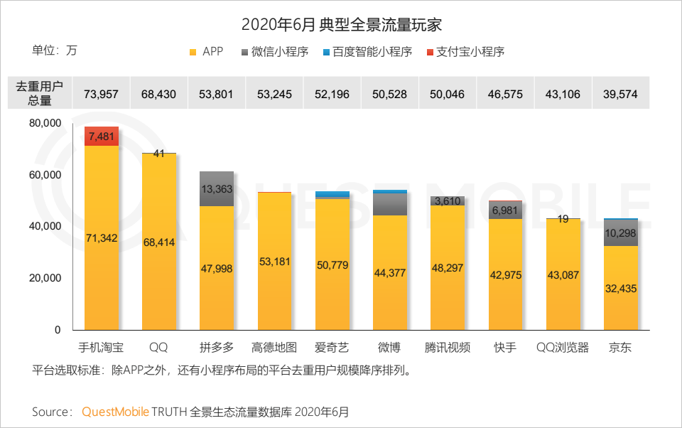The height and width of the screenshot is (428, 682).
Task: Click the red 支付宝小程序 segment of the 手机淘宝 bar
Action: pos(102,136)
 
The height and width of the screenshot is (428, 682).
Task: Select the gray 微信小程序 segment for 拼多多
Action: pos(217,189)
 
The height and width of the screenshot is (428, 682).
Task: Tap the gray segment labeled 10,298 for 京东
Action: pos(620,233)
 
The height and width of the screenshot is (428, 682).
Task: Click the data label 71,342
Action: pos(102,237)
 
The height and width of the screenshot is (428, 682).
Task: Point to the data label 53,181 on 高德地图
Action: pos(274,262)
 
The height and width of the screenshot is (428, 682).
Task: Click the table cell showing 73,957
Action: pos(102,94)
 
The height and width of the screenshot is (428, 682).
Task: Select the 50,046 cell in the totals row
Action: pos(447,94)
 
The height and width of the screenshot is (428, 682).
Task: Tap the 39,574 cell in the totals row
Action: pos(620,94)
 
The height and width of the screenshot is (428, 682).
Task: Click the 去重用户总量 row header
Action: pos(40,94)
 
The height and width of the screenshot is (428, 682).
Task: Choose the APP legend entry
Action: pos(207,51)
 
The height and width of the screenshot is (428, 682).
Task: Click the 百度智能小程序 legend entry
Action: pos(367,51)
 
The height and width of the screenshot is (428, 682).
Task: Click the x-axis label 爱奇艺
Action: pos(332,348)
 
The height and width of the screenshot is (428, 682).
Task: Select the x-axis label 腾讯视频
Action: pos(447,348)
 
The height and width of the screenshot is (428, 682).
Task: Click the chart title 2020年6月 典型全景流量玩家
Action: pos(341,24)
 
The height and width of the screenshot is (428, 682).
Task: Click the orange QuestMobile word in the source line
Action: pos(115,412)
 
